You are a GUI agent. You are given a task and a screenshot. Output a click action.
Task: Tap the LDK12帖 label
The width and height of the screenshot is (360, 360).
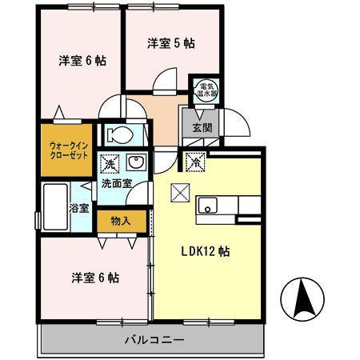[x=204, y=250]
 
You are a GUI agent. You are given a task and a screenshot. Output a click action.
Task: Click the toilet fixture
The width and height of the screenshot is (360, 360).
[x=122, y=133]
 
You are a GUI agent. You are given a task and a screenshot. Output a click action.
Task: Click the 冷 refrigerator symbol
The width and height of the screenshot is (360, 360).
[x=195, y=162]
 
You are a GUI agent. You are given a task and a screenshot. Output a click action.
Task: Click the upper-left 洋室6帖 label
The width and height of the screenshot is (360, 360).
[x=84, y=61]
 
